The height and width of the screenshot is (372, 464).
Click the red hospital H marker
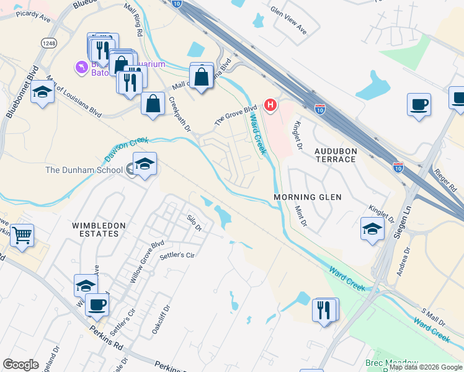pyautogui.click(x=270, y=105)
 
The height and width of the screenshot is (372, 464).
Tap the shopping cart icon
pyautogui.click(x=22, y=235)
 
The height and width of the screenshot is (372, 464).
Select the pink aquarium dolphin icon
pyautogui.click(x=81, y=66)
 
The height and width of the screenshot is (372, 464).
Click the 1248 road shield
pyautogui.click(x=49, y=42)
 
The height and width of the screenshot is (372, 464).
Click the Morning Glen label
pyautogui.click(x=308, y=197)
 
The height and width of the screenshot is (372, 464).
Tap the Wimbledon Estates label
pyautogui.click(x=95, y=229)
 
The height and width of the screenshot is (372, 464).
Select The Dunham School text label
pyautogui.click(x=83, y=169)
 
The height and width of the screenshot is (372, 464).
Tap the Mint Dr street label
pyautogui.click(x=301, y=216)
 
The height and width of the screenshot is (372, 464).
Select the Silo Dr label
pyautogui.click(x=195, y=223)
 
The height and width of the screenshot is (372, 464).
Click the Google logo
pyautogui.click(x=20, y=365)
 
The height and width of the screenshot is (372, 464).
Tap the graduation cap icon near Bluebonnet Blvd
pyautogui.click(x=42, y=92)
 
